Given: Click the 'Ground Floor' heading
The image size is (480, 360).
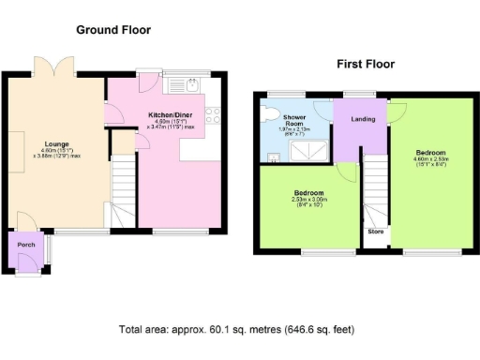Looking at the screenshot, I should coord(113,29).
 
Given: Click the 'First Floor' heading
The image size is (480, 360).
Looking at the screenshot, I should coord(366,65).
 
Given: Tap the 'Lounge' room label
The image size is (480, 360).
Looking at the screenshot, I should coord(54,144).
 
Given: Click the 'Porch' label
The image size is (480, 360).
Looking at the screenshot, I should coord(26,246).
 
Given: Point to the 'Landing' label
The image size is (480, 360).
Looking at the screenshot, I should coord(363,120).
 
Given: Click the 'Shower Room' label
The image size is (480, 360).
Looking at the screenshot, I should coord(295,121).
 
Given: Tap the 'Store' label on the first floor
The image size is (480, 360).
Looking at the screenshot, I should coord(375,231).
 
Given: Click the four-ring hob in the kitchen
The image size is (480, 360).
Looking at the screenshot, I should coord(213,116).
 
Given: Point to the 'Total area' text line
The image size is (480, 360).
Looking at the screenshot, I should coord(236,330).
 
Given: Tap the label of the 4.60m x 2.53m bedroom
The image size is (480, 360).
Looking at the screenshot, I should coord(431,152).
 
